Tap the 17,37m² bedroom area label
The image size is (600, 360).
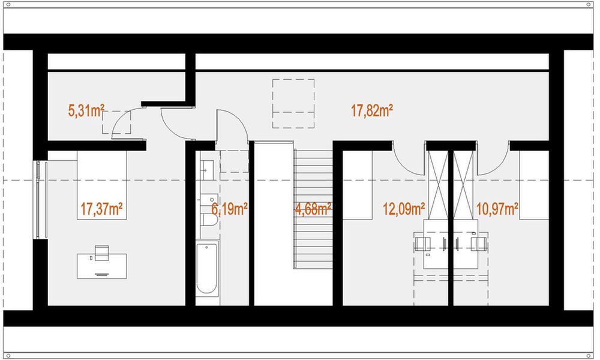[101, 209]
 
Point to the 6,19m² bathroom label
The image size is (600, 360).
[230, 209]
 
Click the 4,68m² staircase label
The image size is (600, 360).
[313, 209]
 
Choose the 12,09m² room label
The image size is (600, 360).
[404, 209]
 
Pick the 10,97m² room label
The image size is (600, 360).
[497, 209]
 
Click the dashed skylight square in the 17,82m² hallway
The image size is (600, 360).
[293, 103]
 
